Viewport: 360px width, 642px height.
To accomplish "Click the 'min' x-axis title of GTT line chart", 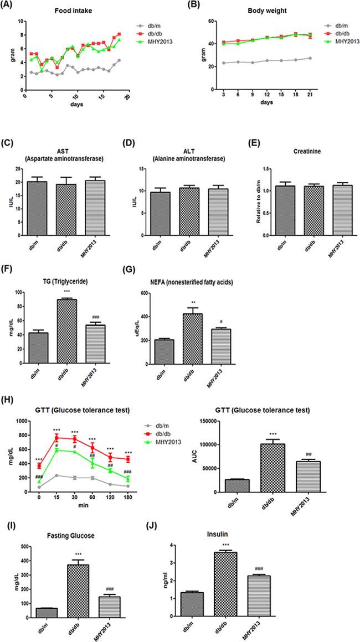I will pyautogui.click(x=70, y=505).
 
